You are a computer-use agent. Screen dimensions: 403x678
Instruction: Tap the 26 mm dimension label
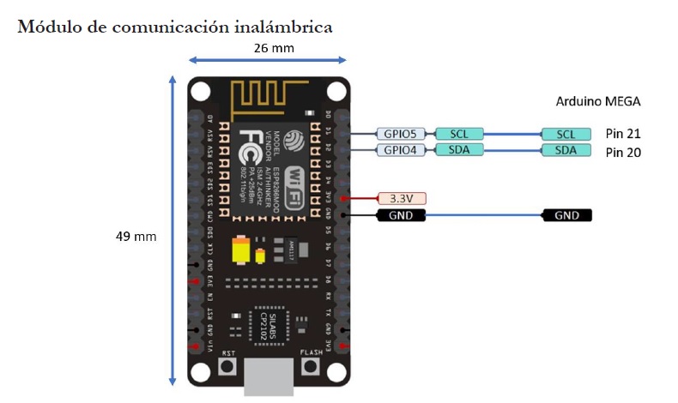[273, 48]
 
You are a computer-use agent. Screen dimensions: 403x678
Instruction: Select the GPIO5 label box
[400, 134]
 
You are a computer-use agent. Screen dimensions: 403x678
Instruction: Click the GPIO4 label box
[400, 151]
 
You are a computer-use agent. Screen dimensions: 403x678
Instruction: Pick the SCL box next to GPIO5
[458, 134]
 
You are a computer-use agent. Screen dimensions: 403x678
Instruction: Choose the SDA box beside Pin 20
[566, 151]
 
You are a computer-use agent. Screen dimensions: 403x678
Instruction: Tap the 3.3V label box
[402, 198]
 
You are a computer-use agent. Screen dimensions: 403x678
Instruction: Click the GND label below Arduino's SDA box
[566, 215]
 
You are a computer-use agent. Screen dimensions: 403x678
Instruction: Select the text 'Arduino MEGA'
[597, 101]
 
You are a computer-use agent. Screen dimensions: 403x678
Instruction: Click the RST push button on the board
[228, 367]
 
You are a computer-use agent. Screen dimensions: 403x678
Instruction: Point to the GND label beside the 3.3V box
[402, 215]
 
